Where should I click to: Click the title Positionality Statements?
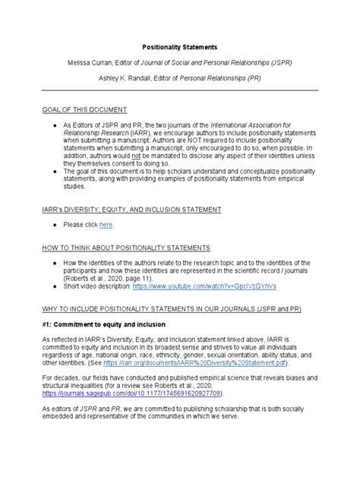[179, 47]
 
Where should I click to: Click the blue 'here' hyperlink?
[107, 226]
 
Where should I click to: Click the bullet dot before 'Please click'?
[57, 226]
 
